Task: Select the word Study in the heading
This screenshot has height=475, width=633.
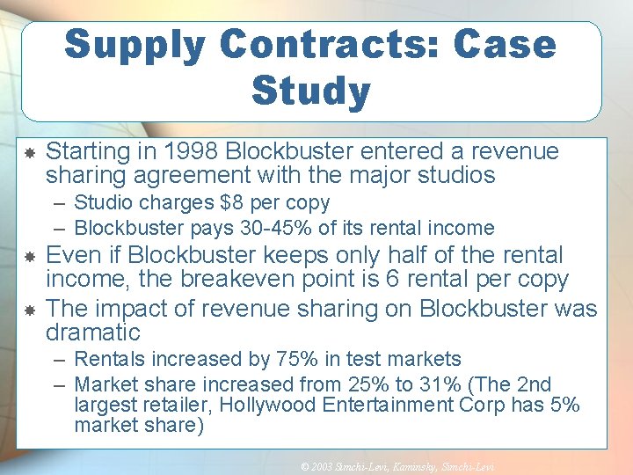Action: (310, 91)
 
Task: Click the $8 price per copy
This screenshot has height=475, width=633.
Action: (232, 203)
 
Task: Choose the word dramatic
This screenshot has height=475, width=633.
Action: (92, 332)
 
